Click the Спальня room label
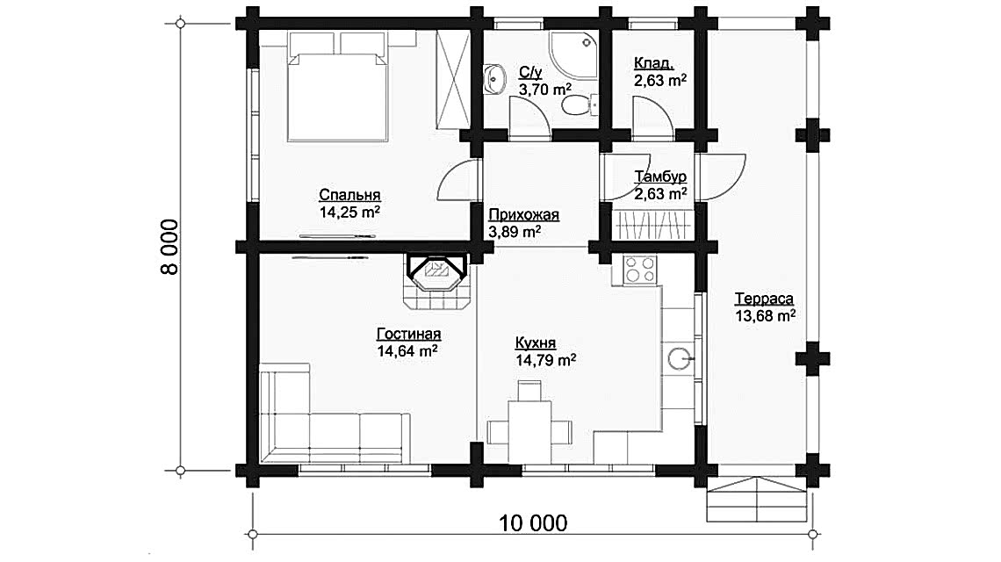349,195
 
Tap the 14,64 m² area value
407,350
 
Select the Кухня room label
536,343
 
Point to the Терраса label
764,299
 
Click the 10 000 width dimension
533,523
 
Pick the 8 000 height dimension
169,247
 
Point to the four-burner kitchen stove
640,270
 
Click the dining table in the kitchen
529,432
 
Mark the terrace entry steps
757,499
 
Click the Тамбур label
660,177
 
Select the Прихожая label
523,214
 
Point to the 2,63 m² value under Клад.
660,81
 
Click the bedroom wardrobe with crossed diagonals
452,78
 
